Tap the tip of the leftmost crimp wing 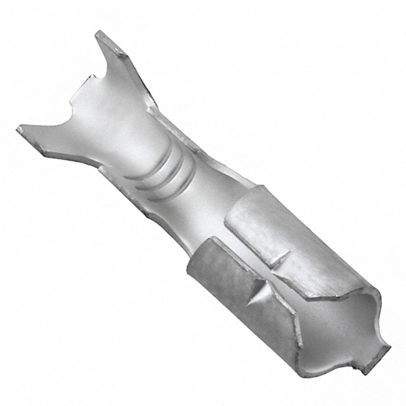pos(20,129)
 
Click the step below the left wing pos(101,168)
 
